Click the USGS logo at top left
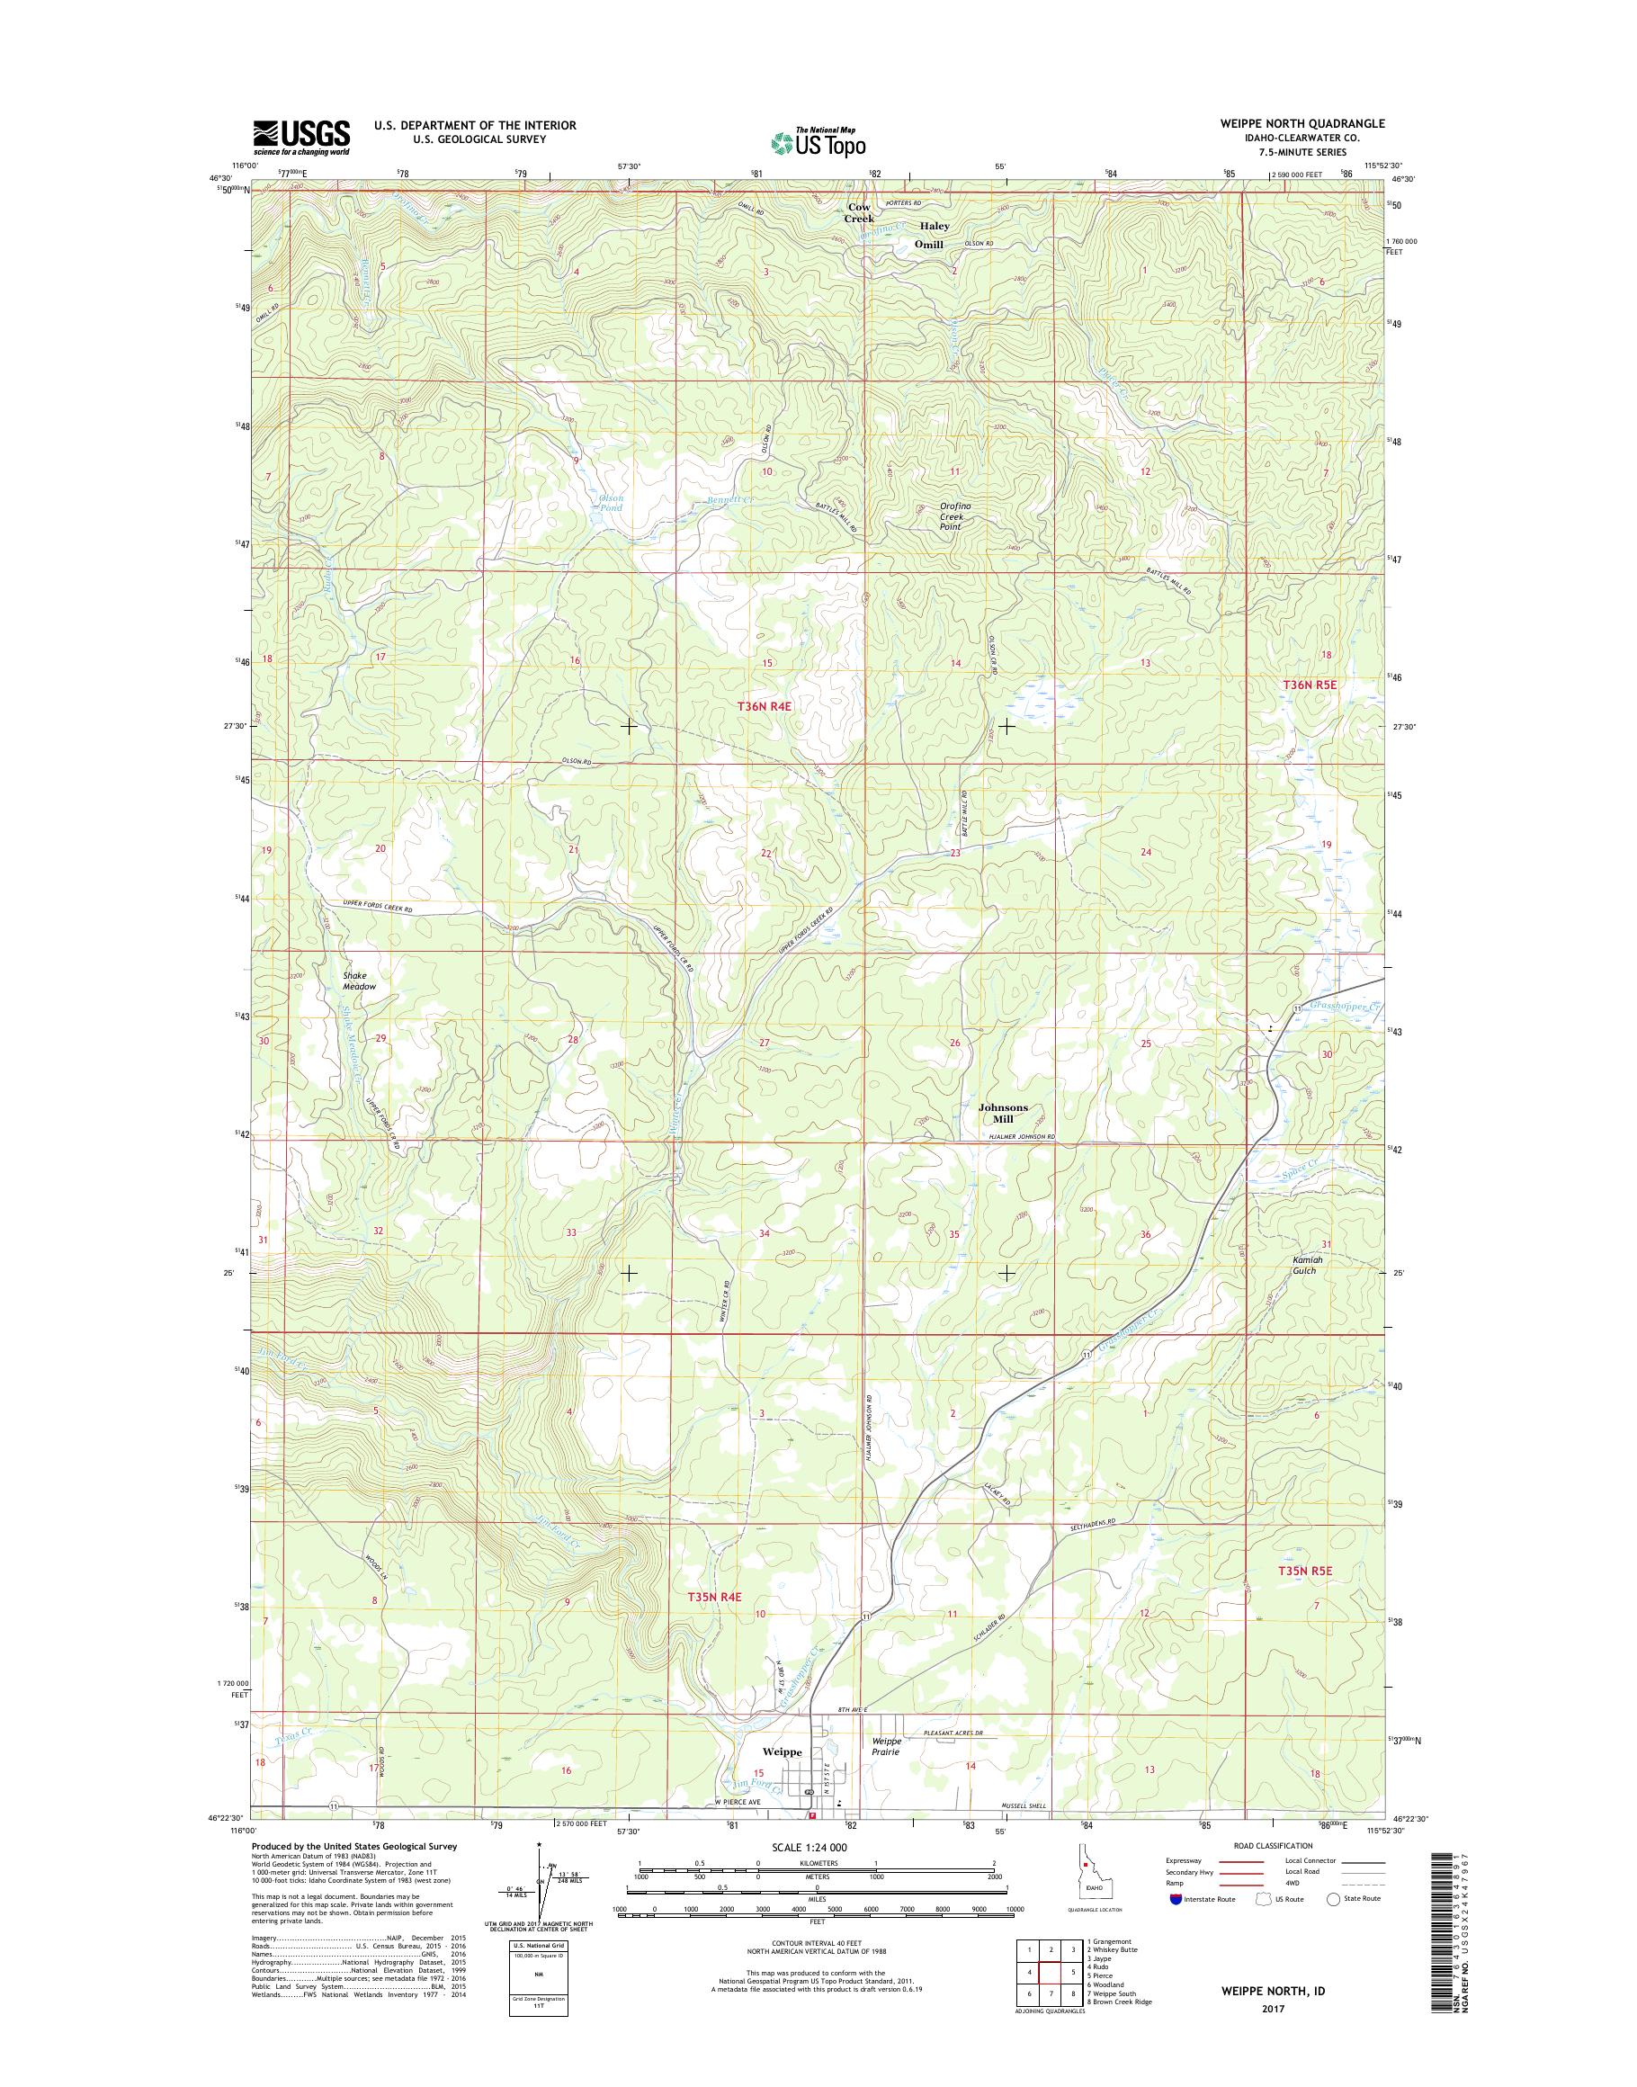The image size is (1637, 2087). [x=301, y=137]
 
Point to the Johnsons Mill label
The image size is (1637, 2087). [x=1003, y=1112]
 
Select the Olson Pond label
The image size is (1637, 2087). [x=612, y=502]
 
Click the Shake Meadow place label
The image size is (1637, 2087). [x=360, y=981]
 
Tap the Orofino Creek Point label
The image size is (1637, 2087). [x=952, y=516]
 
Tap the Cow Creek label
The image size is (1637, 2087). [x=859, y=213]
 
